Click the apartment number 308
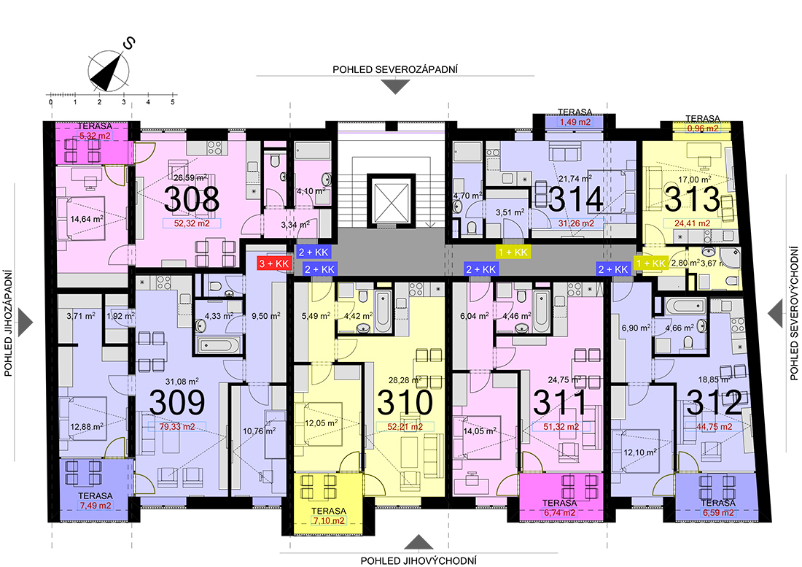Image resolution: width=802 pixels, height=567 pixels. point(192,199)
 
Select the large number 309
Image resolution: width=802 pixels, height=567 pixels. point(177,402)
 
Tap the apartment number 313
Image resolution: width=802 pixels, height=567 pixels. point(692,199)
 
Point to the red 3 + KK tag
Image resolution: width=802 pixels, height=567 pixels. point(274,263)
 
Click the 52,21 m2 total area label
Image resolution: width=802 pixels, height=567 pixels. point(405,427)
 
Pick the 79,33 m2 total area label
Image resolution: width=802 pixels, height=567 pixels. point(177,427)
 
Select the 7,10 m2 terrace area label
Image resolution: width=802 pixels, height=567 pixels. point(328,521)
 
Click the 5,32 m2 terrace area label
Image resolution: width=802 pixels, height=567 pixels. point(94,136)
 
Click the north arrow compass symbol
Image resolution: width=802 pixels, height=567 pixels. point(109,71)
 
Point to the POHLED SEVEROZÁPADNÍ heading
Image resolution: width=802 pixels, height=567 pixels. point(395,69)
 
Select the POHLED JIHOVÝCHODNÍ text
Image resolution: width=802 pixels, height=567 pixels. point(418,561)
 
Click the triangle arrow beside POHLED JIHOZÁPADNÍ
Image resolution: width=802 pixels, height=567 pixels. point(25,323)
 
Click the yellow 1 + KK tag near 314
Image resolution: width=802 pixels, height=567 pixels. point(513,252)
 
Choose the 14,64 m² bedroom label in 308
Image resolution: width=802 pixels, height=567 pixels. point(87,219)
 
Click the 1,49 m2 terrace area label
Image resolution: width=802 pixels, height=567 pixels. point(575,123)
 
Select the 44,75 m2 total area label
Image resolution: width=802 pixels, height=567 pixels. point(714,427)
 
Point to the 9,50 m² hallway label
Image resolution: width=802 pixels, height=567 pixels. point(266,316)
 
